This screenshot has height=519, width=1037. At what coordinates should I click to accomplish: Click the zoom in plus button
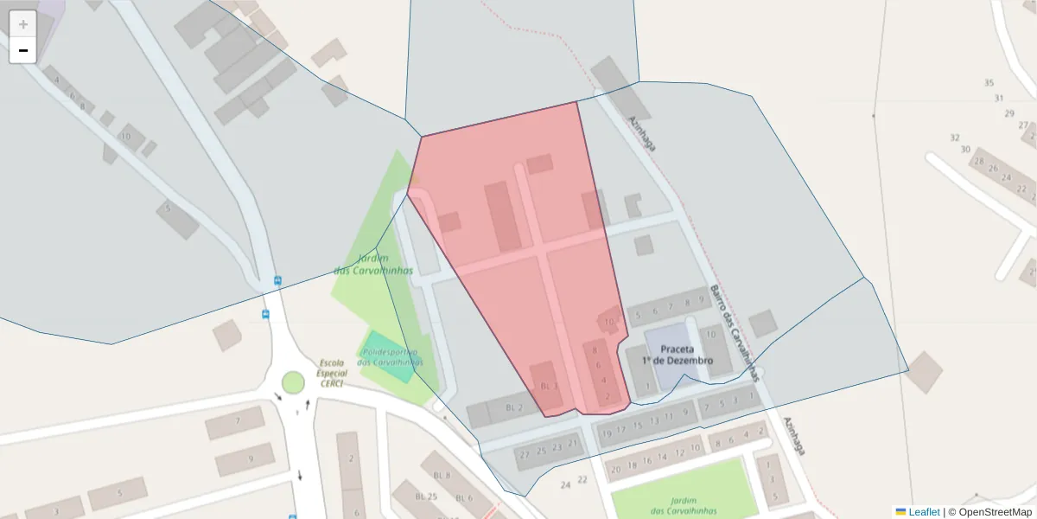23,24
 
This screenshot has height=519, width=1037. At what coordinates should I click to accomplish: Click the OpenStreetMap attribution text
996,512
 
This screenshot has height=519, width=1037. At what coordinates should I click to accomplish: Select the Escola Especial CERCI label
332,373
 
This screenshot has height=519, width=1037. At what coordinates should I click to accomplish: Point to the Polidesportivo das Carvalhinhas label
391,357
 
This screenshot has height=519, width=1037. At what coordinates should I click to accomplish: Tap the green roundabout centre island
293,381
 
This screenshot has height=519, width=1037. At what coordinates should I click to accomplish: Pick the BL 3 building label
550,386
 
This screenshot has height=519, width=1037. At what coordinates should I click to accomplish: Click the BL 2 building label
514,407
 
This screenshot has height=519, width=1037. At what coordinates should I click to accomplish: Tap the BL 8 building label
442,475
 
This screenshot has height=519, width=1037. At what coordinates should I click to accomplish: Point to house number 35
989,83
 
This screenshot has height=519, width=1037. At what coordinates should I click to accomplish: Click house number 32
955,138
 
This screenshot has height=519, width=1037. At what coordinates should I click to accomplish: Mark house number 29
1009,113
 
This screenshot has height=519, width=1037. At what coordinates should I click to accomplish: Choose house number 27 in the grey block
1024,125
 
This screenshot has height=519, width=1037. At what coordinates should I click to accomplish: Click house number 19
607,432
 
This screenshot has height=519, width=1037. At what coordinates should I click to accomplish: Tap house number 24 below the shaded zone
565,485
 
